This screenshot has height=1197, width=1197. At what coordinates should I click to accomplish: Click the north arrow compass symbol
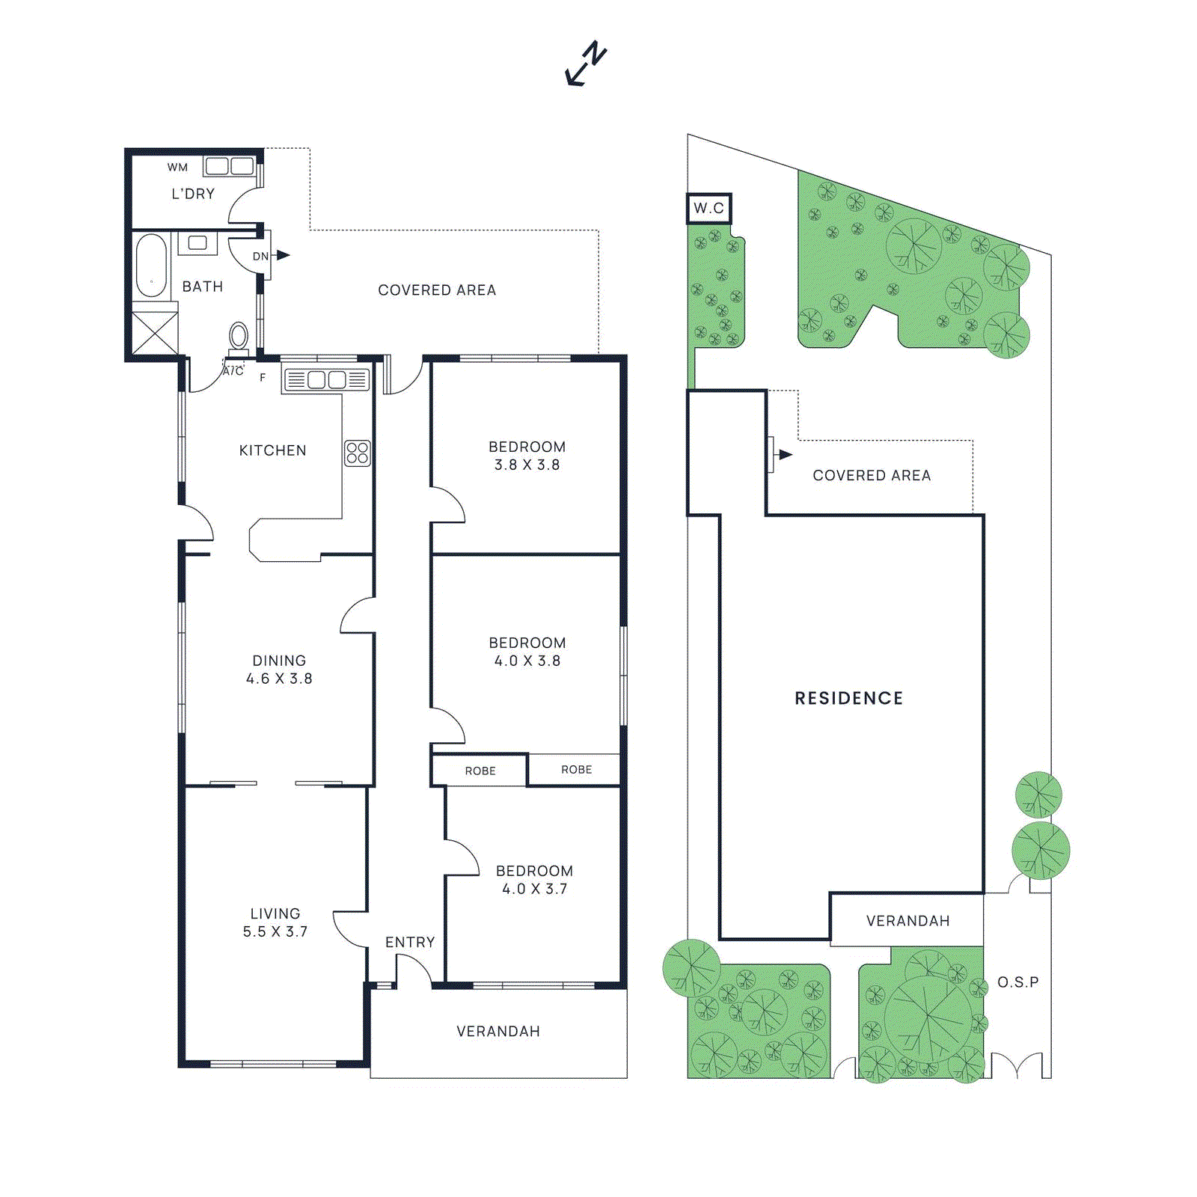point(585,64)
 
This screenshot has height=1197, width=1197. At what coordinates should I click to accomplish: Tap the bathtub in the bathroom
point(151,266)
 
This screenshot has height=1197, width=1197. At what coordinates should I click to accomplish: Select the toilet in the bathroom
point(239,338)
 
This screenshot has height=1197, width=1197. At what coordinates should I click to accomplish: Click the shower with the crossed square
point(155,333)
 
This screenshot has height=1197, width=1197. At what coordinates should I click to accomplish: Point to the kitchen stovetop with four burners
point(358,453)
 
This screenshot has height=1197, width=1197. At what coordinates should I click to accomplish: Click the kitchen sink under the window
point(327,380)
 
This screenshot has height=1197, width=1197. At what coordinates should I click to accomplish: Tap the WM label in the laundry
point(177,167)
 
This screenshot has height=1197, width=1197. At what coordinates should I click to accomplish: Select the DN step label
point(260,256)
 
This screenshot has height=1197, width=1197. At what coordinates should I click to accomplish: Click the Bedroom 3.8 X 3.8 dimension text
point(527,465)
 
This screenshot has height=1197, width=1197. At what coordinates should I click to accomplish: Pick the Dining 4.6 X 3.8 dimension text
point(279,679)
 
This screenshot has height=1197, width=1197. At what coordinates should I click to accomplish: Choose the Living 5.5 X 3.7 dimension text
point(275,931)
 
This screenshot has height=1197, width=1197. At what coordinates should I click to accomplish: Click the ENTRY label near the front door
point(410,942)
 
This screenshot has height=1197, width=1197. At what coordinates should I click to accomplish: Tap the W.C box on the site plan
point(708,208)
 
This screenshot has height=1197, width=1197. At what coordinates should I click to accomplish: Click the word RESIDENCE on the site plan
point(848,698)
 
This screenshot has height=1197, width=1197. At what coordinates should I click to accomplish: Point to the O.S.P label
point(1017,982)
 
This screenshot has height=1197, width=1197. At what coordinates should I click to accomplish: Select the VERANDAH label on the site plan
point(907,921)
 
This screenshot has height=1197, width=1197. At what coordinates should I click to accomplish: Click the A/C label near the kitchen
point(233,371)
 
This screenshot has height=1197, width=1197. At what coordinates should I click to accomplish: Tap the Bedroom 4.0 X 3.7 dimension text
point(534,889)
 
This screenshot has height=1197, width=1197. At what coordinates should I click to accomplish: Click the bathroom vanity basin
point(198,243)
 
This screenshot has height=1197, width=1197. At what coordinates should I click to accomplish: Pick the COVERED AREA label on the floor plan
point(437,290)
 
